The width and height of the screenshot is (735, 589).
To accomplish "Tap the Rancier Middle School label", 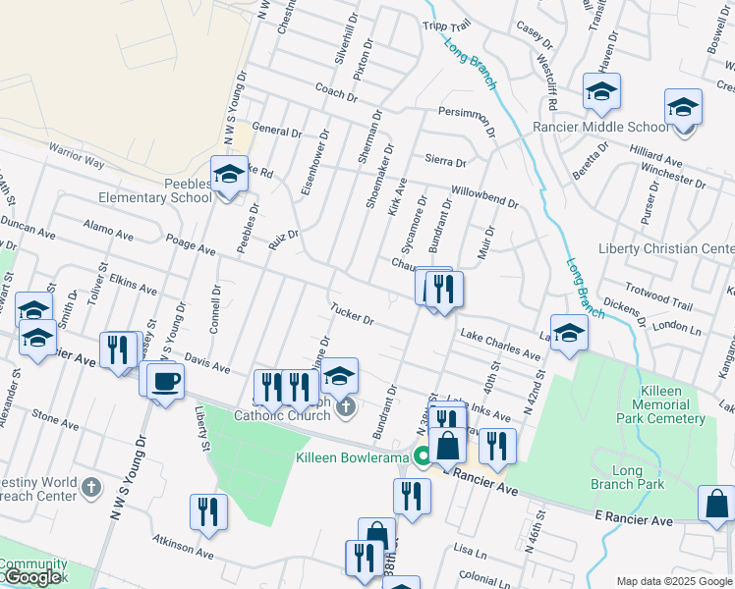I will click(x=600, y=128).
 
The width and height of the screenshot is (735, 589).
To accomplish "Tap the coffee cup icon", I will click(x=165, y=380).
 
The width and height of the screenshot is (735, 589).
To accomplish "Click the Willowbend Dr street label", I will click(x=483, y=196).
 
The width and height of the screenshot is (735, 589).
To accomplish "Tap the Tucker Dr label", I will click(x=353, y=313).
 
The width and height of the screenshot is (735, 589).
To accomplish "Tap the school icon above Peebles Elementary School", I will click(x=230, y=175).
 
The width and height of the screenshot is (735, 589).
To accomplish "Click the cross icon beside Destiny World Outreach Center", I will click(x=90, y=487).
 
